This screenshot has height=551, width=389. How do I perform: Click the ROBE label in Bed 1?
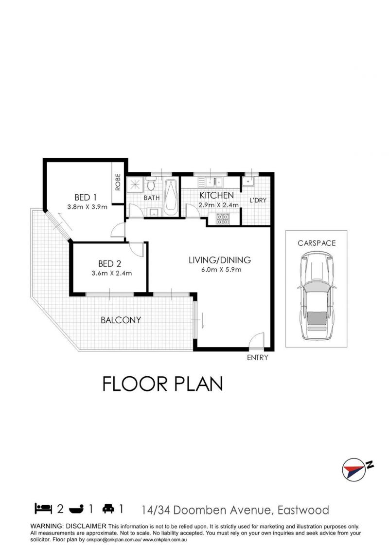(x=118, y=182)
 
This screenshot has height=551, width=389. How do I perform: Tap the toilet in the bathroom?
(x=151, y=184)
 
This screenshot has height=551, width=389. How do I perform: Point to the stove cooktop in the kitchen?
(x=223, y=219)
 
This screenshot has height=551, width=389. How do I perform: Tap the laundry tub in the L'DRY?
(x=248, y=181)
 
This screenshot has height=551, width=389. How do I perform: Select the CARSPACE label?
(x=317, y=243)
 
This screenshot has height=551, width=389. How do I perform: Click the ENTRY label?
(x=257, y=357)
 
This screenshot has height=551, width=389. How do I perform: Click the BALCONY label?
(x=121, y=320)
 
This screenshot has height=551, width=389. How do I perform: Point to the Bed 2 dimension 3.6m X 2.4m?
(x=112, y=273)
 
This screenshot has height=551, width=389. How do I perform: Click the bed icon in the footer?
(x=43, y=508)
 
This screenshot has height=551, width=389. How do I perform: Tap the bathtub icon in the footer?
(x=76, y=509)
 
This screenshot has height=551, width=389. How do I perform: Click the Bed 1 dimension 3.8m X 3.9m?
(x=88, y=207)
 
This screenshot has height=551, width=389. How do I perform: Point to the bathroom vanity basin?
(x=154, y=212)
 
